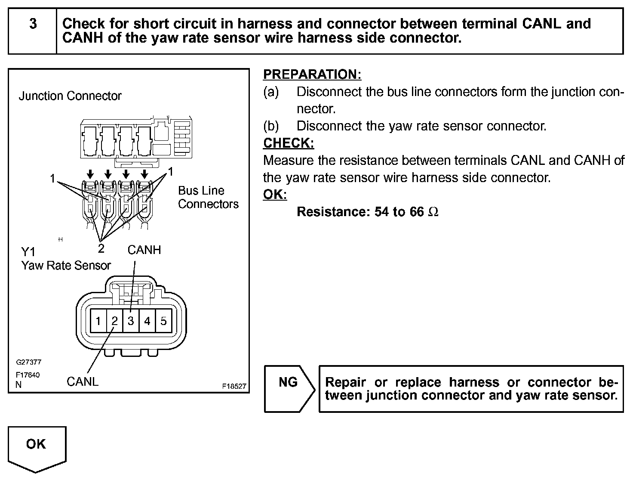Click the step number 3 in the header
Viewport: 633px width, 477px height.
point(33,24)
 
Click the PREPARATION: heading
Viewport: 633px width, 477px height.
point(312,74)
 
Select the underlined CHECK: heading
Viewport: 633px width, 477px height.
point(289,143)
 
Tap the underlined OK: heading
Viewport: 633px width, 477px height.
point(275,195)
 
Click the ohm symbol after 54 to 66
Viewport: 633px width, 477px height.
point(433,212)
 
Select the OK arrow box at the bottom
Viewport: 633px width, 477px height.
point(37,447)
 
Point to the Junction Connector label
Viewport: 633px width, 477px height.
point(70,96)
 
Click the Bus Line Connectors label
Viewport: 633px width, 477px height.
point(208,197)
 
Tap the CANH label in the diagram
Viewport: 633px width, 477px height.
point(144,250)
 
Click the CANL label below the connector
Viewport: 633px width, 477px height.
point(83,381)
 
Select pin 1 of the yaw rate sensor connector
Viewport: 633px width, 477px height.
point(98,321)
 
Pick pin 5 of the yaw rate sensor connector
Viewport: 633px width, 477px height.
point(163,321)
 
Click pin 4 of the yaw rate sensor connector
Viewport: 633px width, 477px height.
point(147,321)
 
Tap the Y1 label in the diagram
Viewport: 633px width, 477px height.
point(28,252)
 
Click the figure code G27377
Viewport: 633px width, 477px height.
point(28,362)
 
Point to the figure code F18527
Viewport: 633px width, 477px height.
point(234,386)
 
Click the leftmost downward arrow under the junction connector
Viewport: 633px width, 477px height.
point(90,174)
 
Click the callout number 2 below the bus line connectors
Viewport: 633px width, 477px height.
point(101,248)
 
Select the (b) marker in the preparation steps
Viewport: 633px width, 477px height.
point(271,126)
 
